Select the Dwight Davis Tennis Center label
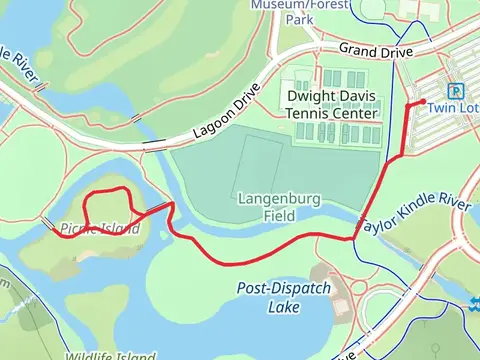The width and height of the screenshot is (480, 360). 333,105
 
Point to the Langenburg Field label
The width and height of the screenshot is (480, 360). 278,207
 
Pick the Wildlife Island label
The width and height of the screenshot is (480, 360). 110,356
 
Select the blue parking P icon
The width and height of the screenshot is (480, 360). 455,90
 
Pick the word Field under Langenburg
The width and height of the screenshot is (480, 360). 278,215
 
